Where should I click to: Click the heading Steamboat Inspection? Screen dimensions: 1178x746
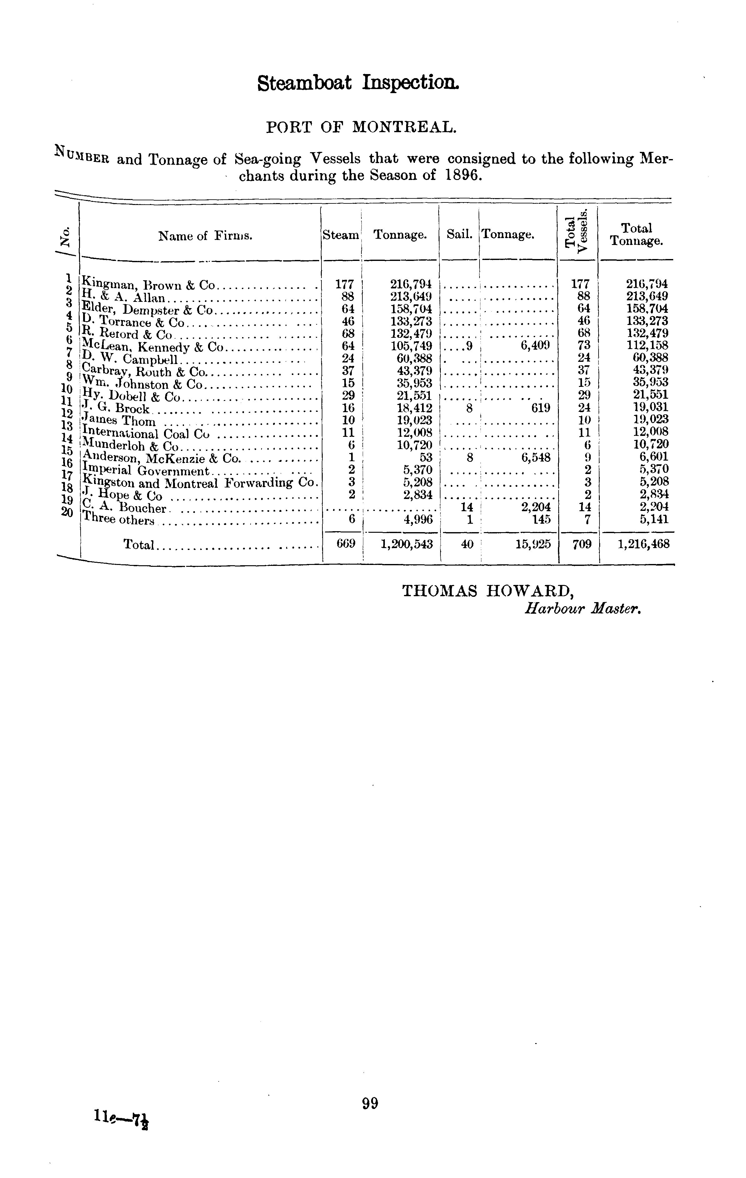pos(359,83)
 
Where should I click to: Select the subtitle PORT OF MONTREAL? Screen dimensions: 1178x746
pos(361,127)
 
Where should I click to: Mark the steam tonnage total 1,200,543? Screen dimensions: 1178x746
pos(406,544)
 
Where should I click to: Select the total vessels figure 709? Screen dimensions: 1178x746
pos(581,544)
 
